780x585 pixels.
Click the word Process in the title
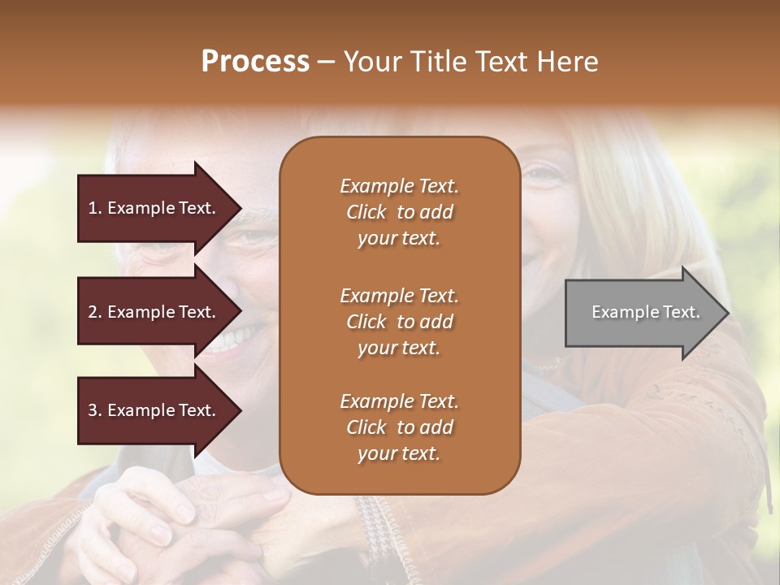tap(255, 62)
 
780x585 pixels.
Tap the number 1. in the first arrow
tap(95, 208)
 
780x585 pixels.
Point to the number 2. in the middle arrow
tap(95, 312)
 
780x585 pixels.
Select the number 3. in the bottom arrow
tap(95, 410)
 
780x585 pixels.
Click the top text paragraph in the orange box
tap(399, 212)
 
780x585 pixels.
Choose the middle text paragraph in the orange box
tap(399, 322)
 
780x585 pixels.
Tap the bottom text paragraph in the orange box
tap(399, 427)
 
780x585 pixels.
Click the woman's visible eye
tap(542, 172)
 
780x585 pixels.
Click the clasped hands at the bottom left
tap(162, 520)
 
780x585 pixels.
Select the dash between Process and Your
tap(327, 63)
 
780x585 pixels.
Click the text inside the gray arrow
tap(646, 312)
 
